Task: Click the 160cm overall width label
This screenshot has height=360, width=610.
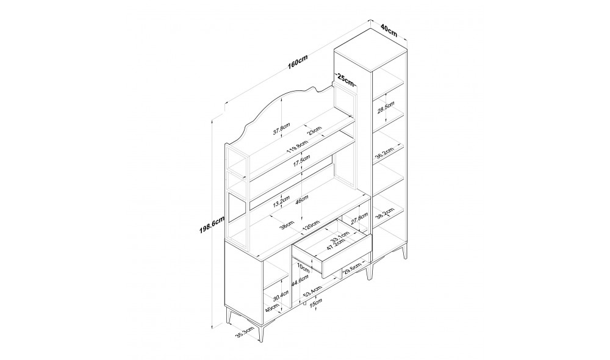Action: coord(297,62)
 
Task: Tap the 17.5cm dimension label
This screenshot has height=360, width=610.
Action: coord(301,161)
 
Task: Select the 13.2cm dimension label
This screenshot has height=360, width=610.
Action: coord(281,201)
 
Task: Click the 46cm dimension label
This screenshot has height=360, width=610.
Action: coord(302,202)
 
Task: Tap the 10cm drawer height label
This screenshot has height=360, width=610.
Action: coord(303,268)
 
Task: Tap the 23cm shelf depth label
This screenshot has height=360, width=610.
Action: coord(315,131)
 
